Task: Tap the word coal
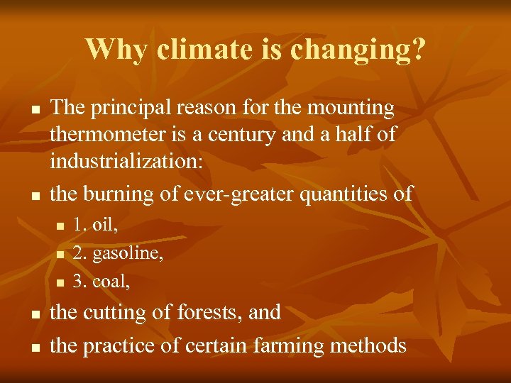111,282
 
